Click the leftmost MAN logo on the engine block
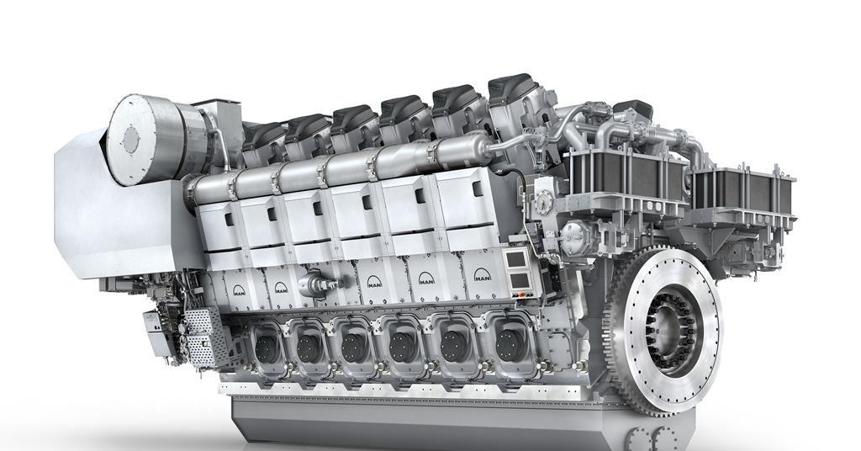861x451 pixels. [x=240, y=290]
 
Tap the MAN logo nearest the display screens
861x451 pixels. [x=482, y=275]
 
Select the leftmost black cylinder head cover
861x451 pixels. [x=263, y=135]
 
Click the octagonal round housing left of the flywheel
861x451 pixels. [x=578, y=236]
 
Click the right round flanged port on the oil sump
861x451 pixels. [x=667, y=438]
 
